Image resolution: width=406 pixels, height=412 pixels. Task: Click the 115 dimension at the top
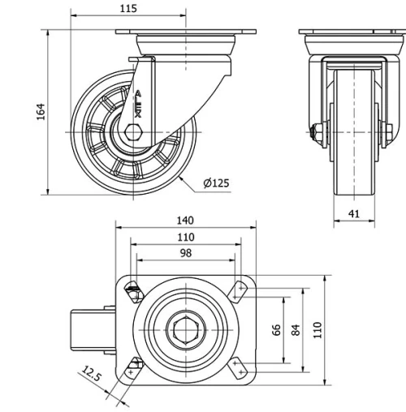127,8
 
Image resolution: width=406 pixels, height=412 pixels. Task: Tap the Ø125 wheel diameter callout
216,183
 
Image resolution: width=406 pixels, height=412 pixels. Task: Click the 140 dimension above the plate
186,221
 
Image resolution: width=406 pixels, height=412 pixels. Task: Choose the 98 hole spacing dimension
185,253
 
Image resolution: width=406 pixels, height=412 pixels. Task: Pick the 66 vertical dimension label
276,329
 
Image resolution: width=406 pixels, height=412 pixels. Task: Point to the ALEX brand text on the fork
138,104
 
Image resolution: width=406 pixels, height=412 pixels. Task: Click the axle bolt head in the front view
315,130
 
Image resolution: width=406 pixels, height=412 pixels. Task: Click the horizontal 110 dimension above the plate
186,237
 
